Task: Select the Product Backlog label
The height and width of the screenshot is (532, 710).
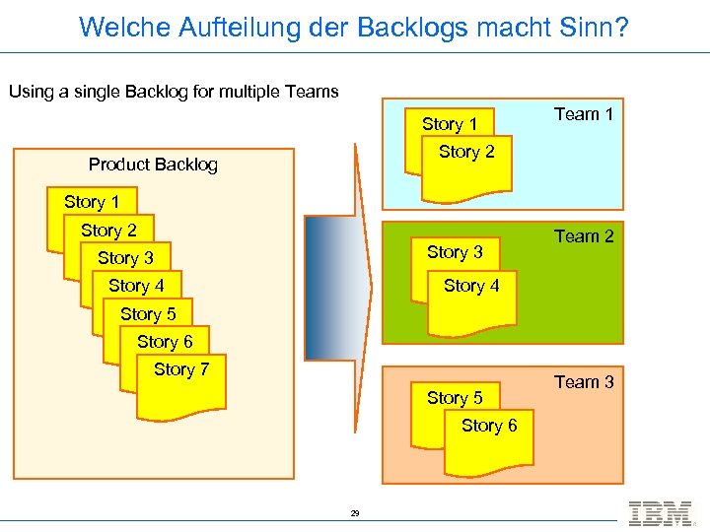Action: pos(153,165)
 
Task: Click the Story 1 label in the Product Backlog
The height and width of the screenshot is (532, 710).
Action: pos(92,202)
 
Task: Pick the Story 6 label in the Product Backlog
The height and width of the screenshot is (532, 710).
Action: pos(165,342)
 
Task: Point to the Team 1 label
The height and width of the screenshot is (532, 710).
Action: pos(584,114)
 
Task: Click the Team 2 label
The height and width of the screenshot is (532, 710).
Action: pos(584,236)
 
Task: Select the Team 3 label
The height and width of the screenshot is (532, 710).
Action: pos(584,382)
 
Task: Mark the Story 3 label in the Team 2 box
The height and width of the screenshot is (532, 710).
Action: pos(455,253)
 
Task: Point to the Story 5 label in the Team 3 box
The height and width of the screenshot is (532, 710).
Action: pos(455,399)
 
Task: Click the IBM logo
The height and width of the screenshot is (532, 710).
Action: pos(660,513)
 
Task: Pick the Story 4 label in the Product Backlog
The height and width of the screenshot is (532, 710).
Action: pos(136,286)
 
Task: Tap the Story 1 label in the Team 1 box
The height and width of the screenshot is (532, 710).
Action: pos(450,124)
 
